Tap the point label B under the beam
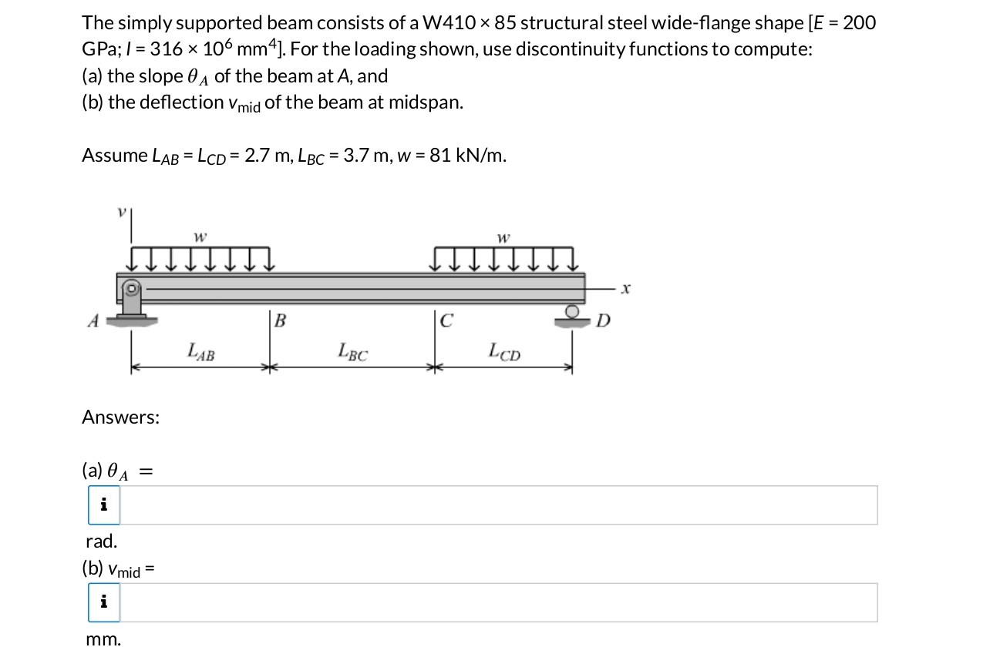tap(280, 320)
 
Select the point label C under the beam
tap(446, 320)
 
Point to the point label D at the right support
tap(603, 320)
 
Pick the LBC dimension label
tap(353, 353)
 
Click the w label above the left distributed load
tap(200, 238)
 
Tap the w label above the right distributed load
tap(503, 238)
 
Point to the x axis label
tap(626, 289)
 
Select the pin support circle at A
tap(132, 289)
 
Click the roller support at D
tap(573, 313)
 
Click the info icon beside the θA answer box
tap(104, 505)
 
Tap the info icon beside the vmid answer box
tap(104, 602)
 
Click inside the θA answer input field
tap(498, 505)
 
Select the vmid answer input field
tap(498, 602)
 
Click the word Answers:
tap(121, 417)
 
